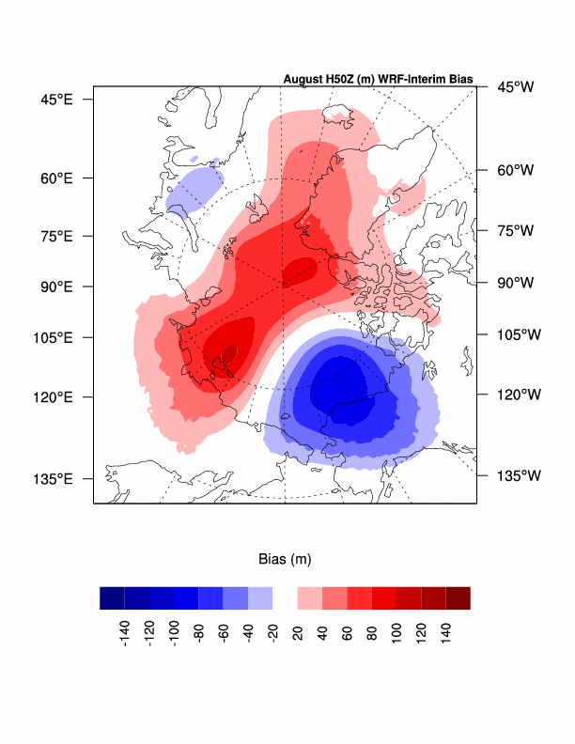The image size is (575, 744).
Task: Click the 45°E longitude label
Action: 54,99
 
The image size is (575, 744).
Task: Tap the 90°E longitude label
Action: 54,286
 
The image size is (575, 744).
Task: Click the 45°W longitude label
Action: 515,87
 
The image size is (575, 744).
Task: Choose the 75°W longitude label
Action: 515,230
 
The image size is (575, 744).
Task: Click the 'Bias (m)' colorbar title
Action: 285,559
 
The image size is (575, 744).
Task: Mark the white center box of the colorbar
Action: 285,597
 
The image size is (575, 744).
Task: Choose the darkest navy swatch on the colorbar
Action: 112,597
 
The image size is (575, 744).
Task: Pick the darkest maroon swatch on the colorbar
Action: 458,597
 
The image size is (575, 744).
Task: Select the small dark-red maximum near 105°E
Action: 229,352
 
